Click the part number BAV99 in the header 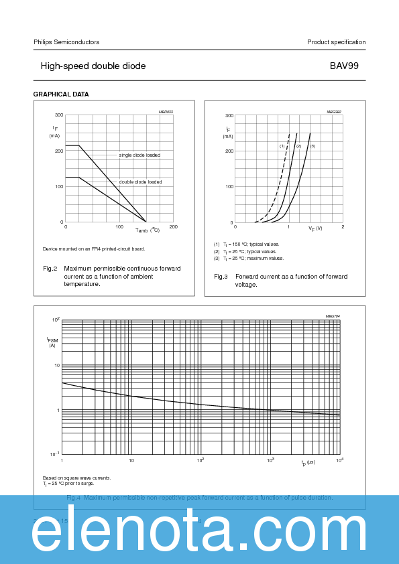[347, 66]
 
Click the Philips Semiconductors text [66, 42]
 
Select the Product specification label [336, 42]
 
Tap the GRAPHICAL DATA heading [61, 94]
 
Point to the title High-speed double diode [93, 66]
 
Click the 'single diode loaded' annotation [139, 155]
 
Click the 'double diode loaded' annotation [140, 182]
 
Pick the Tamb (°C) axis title [148, 230]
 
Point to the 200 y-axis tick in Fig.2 [59, 151]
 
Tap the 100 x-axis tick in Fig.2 [119, 227]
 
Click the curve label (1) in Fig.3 [282, 146]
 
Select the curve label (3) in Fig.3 [312, 146]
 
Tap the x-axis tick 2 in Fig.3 [343, 227]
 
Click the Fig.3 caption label [221, 277]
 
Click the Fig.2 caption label [50, 269]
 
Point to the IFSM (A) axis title [52, 342]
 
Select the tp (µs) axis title [308, 462]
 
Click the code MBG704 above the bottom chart [333, 315]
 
